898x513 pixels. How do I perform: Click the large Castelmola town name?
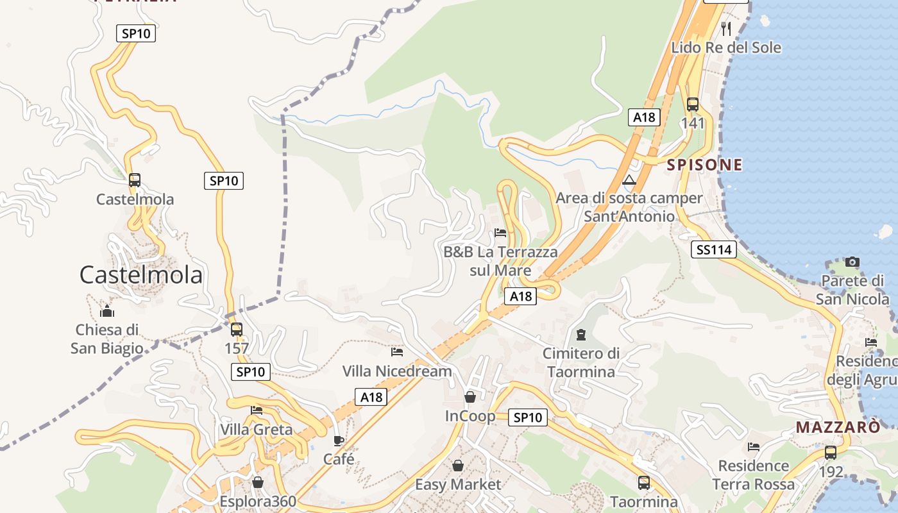[x=141, y=274]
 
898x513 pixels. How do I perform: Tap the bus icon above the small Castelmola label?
[x=135, y=180]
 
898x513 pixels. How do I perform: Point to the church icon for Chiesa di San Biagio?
[x=107, y=312]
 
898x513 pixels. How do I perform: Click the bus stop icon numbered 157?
[x=237, y=330]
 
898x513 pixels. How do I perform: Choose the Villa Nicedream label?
[x=397, y=371]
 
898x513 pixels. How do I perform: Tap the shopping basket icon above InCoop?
[x=470, y=397]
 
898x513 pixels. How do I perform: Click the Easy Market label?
[x=458, y=484]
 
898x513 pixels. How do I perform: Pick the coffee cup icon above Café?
[x=339, y=441]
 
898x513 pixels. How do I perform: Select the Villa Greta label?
[x=257, y=429]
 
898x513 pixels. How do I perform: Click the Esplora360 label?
[x=258, y=501]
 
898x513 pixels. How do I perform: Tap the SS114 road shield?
[x=713, y=249]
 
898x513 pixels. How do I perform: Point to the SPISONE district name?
[x=704, y=165]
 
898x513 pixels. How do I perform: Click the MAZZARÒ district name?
[x=838, y=427]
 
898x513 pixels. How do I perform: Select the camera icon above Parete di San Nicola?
[x=852, y=262]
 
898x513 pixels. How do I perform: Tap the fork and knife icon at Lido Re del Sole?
[x=726, y=28]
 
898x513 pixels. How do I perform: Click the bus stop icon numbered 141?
[x=693, y=104]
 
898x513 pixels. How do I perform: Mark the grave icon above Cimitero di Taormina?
[x=581, y=334]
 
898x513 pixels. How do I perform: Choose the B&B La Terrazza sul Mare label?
[x=500, y=261]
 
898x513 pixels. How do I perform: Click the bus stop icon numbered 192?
[x=831, y=452]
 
